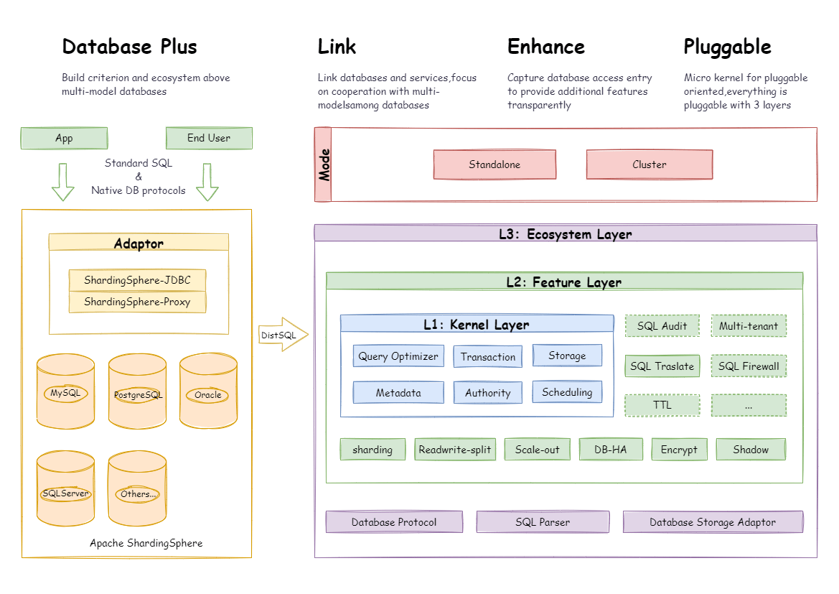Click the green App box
(x=64, y=138)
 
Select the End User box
(x=209, y=138)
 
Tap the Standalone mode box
(x=495, y=164)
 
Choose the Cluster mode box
(x=650, y=164)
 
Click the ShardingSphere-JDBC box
(x=137, y=280)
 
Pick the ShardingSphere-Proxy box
(x=137, y=302)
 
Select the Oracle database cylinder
(x=208, y=391)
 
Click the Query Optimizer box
(x=398, y=356)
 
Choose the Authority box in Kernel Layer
(x=488, y=393)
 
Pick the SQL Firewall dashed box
(x=749, y=366)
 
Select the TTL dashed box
(x=662, y=405)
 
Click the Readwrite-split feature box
(x=455, y=450)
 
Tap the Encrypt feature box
(x=679, y=450)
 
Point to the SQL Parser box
(x=543, y=522)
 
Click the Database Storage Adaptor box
(x=713, y=522)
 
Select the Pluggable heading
(x=727, y=47)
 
